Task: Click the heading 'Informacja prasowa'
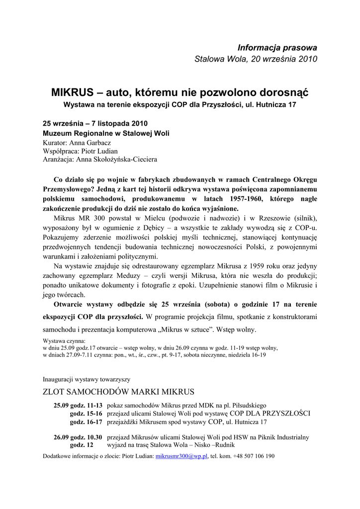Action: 277,48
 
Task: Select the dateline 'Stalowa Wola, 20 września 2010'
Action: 256,59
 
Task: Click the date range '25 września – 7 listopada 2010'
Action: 95,123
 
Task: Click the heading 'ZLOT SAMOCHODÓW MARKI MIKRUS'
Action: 118,391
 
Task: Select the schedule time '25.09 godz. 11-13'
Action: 78,406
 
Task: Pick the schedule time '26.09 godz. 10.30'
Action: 78,437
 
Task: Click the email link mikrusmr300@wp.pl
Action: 181,456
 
